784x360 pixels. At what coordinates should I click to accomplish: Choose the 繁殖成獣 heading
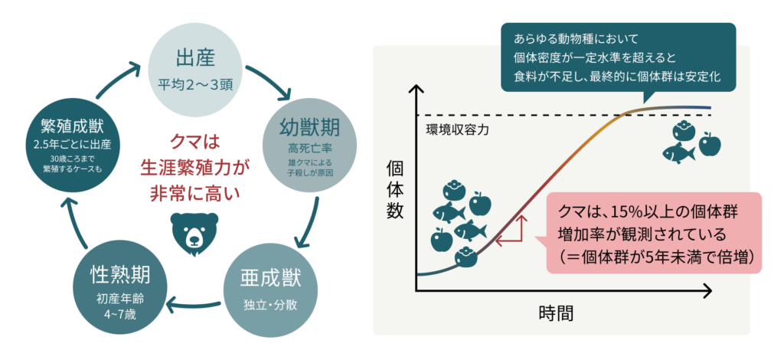pos(67,125)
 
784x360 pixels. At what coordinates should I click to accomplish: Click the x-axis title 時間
pos(557,313)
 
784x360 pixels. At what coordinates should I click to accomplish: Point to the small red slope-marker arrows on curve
pos(512,231)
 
